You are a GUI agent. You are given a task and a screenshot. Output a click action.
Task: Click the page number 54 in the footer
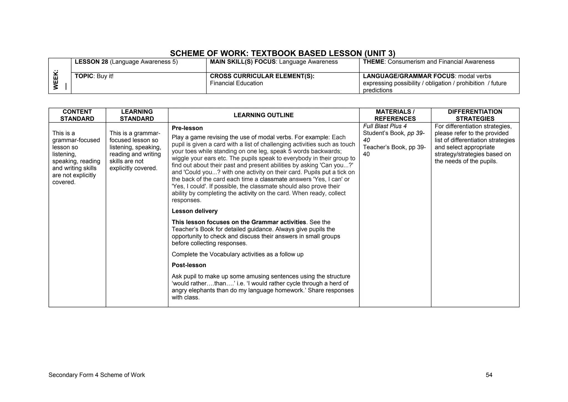click(x=489, y=375)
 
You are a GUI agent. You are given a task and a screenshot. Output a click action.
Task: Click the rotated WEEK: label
click(x=56, y=80)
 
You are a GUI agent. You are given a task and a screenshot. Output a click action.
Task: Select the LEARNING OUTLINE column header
click(x=263, y=115)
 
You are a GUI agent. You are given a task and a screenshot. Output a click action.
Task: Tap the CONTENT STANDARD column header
click(x=77, y=115)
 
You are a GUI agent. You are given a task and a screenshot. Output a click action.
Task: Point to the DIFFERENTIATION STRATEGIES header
click(x=475, y=115)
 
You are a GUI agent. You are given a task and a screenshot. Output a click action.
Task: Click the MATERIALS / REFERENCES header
click(x=395, y=115)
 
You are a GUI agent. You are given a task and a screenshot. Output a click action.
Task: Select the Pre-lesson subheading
click(x=187, y=128)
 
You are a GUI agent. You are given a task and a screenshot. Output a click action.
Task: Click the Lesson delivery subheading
click(x=194, y=211)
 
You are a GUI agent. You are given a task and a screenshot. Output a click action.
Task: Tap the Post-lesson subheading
click(x=189, y=265)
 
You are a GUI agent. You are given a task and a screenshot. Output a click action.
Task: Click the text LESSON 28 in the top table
click(x=91, y=62)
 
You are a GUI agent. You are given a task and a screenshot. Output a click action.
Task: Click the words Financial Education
click(x=236, y=83)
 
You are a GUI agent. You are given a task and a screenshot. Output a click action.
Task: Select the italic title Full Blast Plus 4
click(x=385, y=126)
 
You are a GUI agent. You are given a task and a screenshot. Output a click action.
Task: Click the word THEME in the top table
click(x=373, y=62)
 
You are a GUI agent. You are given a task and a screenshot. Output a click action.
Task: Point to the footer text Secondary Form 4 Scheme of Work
click(x=97, y=375)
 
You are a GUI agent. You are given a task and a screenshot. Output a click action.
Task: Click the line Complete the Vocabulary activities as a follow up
click(x=237, y=254)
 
